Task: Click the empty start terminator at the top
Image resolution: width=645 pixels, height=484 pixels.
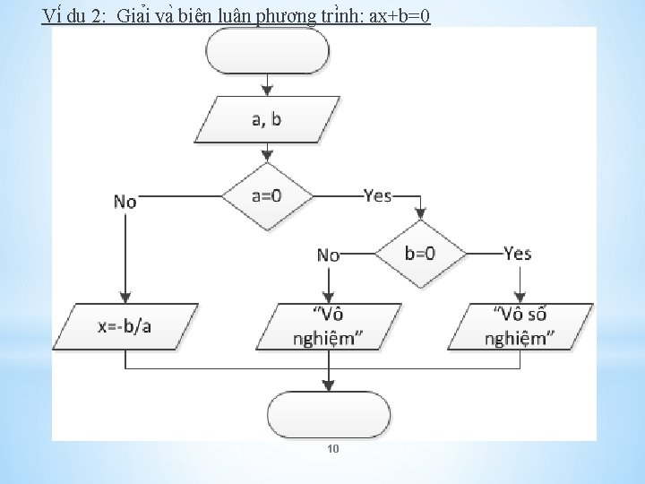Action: (267, 52)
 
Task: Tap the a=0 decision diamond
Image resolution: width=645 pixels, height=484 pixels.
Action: (267, 195)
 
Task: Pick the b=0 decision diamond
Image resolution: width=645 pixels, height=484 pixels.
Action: (420, 254)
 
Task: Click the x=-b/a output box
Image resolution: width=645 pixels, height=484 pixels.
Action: (125, 325)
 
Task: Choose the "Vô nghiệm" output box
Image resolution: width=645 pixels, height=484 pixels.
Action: (330, 326)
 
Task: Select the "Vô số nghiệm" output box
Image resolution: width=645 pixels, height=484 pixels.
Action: (519, 326)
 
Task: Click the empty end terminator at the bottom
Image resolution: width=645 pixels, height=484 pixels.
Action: (329, 414)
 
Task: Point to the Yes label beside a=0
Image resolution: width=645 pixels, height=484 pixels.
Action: (378, 195)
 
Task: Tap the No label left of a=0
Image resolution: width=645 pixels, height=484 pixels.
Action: (125, 202)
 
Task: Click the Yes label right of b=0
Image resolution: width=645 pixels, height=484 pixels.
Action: (518, 254)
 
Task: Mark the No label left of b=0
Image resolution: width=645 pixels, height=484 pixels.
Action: (329, 255)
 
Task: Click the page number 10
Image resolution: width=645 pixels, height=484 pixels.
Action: (332, 448)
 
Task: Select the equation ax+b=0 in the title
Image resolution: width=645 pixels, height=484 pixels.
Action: (393, 15)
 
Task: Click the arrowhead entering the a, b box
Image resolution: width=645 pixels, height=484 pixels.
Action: (267, 91)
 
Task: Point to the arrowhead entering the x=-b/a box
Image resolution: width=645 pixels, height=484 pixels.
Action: (125, 298)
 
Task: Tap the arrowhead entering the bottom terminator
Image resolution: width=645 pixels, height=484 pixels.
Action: (329, 385)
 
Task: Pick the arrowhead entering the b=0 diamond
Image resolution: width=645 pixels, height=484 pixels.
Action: (420, 216)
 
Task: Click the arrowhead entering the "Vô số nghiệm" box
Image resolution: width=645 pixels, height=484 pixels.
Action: (519, 298)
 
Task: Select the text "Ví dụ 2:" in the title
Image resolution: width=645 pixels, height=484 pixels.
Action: (74, 15)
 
